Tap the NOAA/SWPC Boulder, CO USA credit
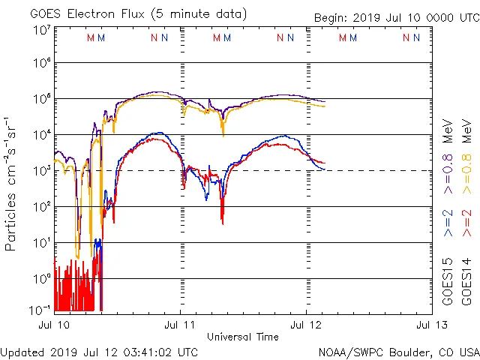398,352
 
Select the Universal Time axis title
243,337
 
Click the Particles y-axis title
11,184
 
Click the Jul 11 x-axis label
180,325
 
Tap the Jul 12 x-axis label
306,325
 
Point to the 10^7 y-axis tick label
41,31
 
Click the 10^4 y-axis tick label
41,135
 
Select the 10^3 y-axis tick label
41,171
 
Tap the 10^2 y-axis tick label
41,207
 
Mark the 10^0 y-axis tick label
41,279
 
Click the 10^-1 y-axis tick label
41,309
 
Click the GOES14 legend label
466,280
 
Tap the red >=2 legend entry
466,223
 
